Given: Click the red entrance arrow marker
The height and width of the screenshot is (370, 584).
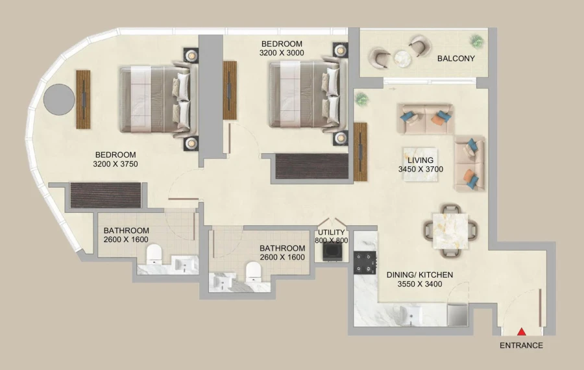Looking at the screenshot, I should pyautogui.click(x=521, y=332).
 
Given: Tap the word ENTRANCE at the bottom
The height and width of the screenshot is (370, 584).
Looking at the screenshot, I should pyautogui.click(x=521, y=345).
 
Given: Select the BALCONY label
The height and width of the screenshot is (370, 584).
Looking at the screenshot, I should pyautogui.click(x=456, y=58).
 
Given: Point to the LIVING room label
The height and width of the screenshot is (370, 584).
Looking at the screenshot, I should pyautogui.click(x=420, y=160).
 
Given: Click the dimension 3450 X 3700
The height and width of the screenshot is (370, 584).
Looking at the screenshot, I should pyautogui.click(x=420, y=169).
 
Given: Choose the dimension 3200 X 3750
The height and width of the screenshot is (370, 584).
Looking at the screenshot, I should pyautogui.click(x=116, y=164).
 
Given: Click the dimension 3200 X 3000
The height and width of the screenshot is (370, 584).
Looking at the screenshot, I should pyautogui.click(x=281, y=53).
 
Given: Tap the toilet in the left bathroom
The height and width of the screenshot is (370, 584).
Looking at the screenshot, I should pyautogui.click(x=154, y=254).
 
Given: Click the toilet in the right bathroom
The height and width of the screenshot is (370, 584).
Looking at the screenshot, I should pyautogui.click(x=252, y=271).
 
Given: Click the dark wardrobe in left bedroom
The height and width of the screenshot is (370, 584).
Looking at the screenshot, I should pyautogui.click(x=105, y=195).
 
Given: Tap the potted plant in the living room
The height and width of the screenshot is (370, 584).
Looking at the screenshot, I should pyautogui.click(x=361, y=99).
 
